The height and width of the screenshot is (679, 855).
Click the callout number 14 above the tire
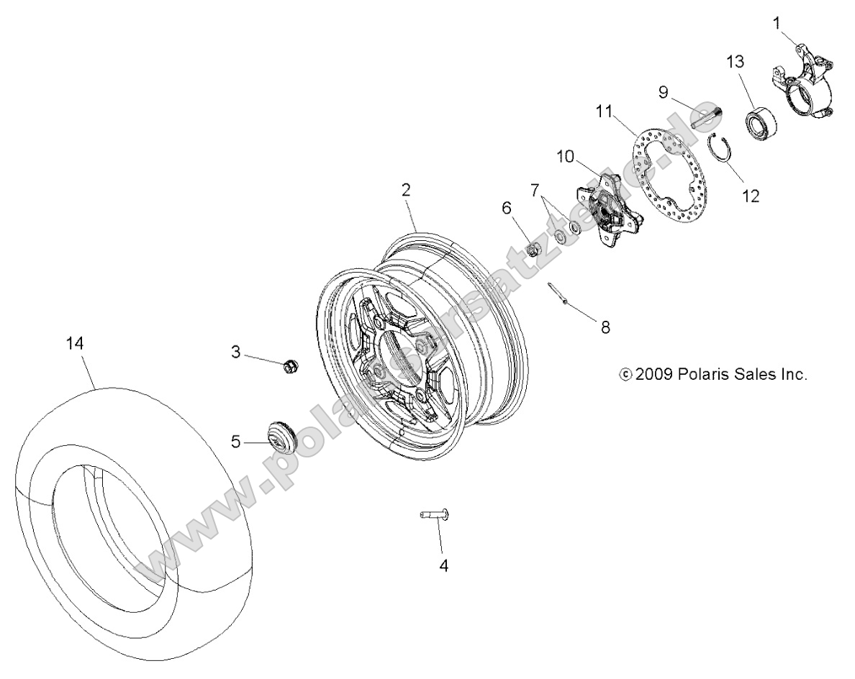[x=75, y=344]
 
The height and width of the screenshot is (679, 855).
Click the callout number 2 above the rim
[x=406, y=190]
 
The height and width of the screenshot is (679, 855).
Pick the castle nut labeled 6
[x=534, y=248]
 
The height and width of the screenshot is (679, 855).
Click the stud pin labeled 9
[x=704, y=114]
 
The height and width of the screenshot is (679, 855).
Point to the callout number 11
[x=603, y=111]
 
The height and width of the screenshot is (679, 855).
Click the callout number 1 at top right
[x=777, y=24]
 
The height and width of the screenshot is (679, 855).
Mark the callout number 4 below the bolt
[x=443, y=566]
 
